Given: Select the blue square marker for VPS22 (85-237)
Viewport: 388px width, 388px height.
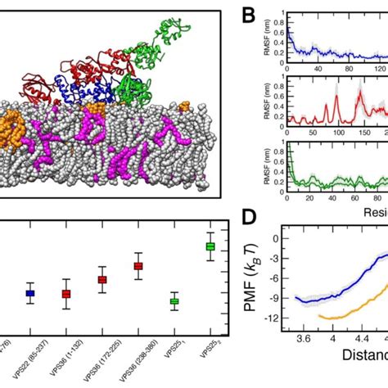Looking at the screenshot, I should click(x=30, y=292).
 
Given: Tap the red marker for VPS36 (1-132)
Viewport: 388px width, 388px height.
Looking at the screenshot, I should click(x=66, y=294).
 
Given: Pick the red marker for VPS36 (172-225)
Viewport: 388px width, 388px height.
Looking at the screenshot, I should click(x=102, y=280).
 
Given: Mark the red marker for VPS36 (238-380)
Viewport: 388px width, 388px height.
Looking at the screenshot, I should click(x=138, y=266).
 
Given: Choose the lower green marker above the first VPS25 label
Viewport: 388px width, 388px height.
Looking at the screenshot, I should click(x=174, y=301).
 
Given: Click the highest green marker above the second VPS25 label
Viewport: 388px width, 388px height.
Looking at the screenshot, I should click(x=210, y=246).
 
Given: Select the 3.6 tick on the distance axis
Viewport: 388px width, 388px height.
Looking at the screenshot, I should click(x=304, y=337).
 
